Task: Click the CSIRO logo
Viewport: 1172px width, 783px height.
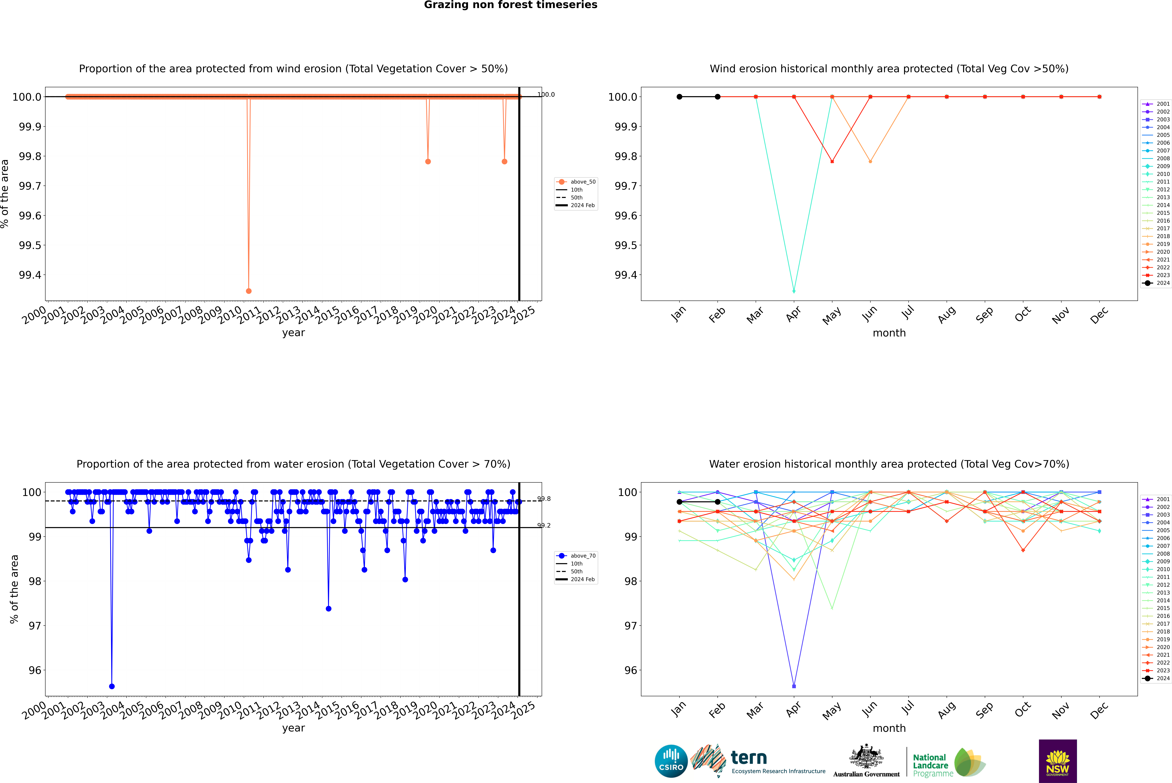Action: pos(671,761)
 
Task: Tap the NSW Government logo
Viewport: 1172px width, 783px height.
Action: pos(1058,761)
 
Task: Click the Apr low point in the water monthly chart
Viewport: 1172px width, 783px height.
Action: pos(794,686)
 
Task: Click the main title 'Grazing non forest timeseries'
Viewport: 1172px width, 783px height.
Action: pos(511,5)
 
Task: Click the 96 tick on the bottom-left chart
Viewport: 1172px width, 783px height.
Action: pos(35,670)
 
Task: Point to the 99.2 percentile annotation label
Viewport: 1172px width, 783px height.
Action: pos(544,525)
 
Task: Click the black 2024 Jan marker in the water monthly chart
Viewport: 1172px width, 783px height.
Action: pos(679,502)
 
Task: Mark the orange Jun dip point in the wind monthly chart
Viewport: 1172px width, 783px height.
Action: pos(870,161)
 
